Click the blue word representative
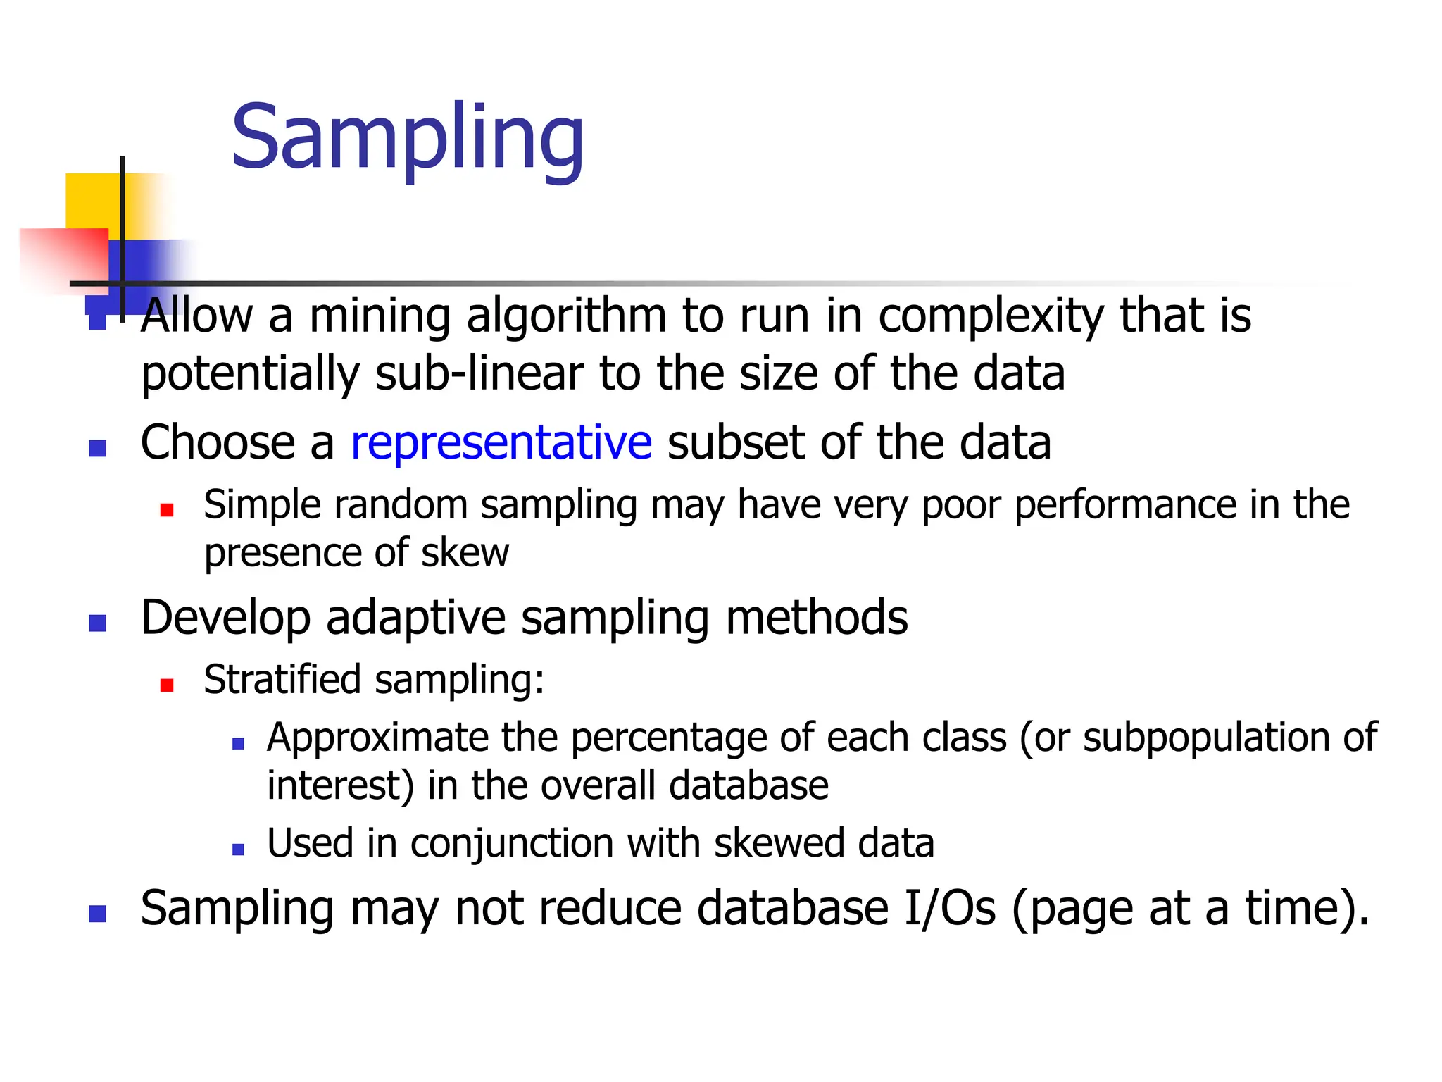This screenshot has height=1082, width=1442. (x=501, y=443)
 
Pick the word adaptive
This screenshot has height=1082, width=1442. (x=415, y=618)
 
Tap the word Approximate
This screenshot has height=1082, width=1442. (x=377, y=738)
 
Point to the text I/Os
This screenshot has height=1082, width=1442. (x=950, y=908)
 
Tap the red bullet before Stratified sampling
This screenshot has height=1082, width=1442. (x=167, y=685)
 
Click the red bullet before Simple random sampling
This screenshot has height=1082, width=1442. (x=167, y=510)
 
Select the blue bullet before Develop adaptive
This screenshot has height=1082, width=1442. (x=97, y=623)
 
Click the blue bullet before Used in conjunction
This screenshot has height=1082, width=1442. (x=238, y=850)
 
